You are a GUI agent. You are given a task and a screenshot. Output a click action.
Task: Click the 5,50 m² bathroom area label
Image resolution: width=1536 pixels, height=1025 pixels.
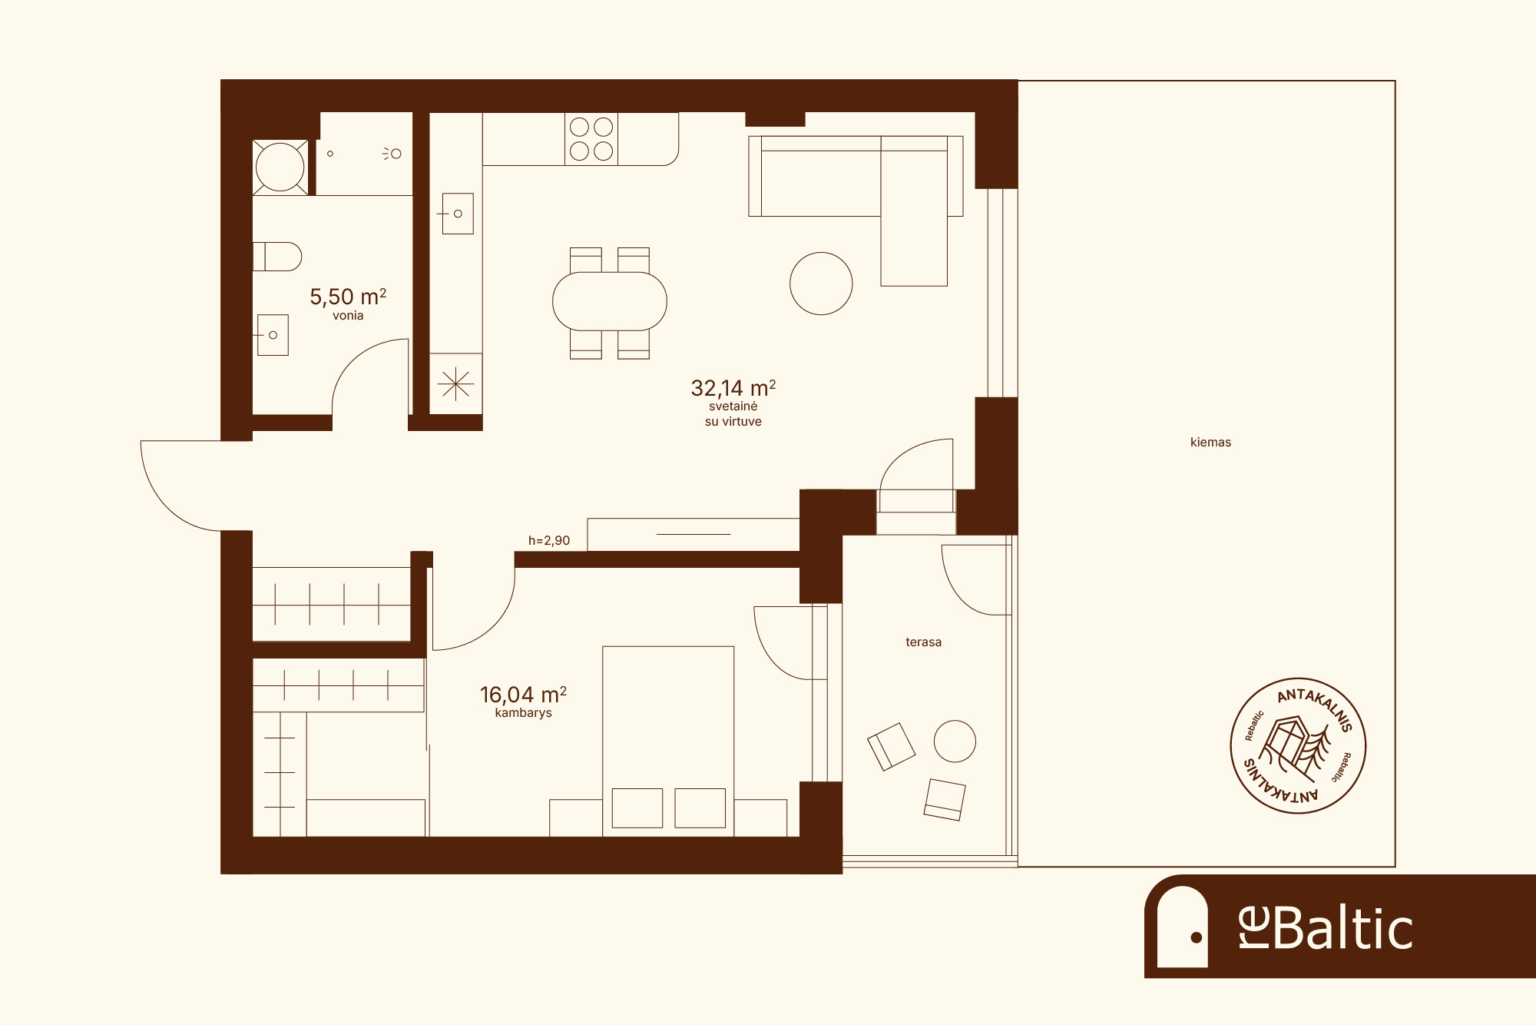[348, 296]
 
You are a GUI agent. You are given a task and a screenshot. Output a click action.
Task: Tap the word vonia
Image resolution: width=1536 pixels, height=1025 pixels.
[348, 316]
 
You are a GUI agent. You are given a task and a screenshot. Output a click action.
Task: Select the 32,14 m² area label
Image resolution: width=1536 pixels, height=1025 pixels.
[733, 387]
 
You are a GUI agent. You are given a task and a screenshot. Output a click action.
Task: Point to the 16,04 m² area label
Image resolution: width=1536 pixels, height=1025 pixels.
[523, 695]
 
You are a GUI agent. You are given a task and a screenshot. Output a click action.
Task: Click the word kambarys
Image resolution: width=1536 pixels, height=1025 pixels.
[523, 713]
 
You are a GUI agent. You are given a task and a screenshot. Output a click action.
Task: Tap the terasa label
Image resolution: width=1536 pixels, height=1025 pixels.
[923, 642]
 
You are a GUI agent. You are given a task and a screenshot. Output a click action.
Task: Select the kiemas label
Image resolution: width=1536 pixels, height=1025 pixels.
[1210, 443]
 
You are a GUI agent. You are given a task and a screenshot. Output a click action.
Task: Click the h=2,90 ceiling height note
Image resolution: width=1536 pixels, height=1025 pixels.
[549, 541]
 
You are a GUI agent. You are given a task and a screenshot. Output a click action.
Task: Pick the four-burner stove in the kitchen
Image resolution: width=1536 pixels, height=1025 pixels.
[591, 139]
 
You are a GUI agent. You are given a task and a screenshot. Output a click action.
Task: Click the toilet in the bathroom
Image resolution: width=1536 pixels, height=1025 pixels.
[277, 257]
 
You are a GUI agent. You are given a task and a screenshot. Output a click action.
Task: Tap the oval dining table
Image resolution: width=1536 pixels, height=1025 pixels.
[610, 301]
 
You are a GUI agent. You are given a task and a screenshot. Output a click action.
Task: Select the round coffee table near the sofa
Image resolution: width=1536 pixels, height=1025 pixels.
[821, 284]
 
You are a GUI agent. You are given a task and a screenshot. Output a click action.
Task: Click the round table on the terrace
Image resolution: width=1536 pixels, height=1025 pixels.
[955, 741]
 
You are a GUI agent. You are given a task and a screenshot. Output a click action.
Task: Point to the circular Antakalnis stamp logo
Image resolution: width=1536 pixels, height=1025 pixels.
[1298, 745]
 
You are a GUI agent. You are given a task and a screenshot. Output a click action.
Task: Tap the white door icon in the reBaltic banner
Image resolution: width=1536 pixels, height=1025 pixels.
[1183, 927]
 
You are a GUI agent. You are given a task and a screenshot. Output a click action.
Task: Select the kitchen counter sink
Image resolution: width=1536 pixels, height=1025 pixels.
[458, 214]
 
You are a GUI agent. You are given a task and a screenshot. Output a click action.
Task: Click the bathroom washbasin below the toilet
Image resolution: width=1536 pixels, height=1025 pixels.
[273, 335]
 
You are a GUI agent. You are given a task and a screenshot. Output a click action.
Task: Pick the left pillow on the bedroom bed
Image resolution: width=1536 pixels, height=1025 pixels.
[637, 808]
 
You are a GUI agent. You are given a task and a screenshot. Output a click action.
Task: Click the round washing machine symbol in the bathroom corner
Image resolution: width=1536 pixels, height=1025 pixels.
[280, 167]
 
